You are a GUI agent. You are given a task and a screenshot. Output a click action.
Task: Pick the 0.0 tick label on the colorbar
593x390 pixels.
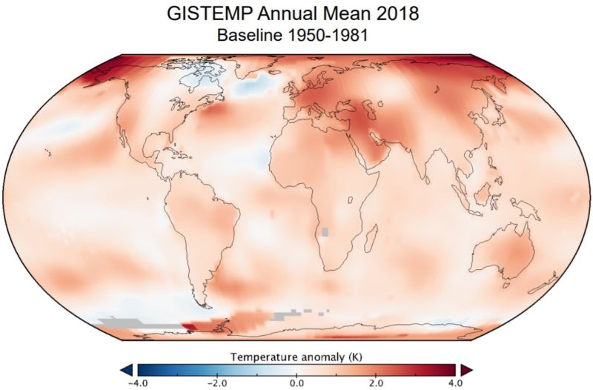pyautogui.click(x=296, y=383)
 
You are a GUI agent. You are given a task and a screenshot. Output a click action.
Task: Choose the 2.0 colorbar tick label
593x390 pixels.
pyautogui.click(x=376, y=383)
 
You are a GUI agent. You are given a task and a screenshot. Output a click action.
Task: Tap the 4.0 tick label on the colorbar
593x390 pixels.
pyautogui.click(x=454, y=383)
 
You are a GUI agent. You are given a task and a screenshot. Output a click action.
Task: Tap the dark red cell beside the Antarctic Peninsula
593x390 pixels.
pyautogui.click(x=190, y=325)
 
